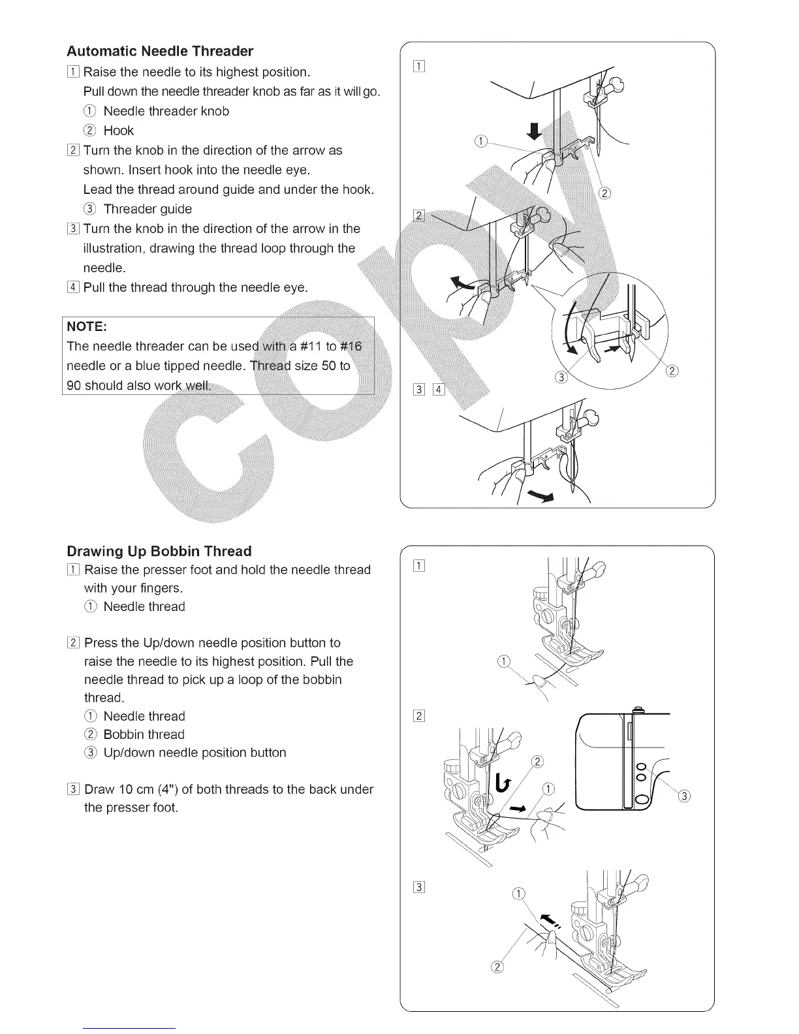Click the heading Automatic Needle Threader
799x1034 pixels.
coord(160,51)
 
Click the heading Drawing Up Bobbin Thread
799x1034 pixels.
coord(159,551)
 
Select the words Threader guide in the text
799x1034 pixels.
coord(148,209)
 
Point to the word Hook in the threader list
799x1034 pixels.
coord(118,131)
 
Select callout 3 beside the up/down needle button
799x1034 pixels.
coord(683,796)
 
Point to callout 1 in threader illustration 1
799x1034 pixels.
coord(481,142)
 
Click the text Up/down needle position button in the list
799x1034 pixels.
coord(195,753)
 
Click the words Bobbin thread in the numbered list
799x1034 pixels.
coord(144,734)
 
